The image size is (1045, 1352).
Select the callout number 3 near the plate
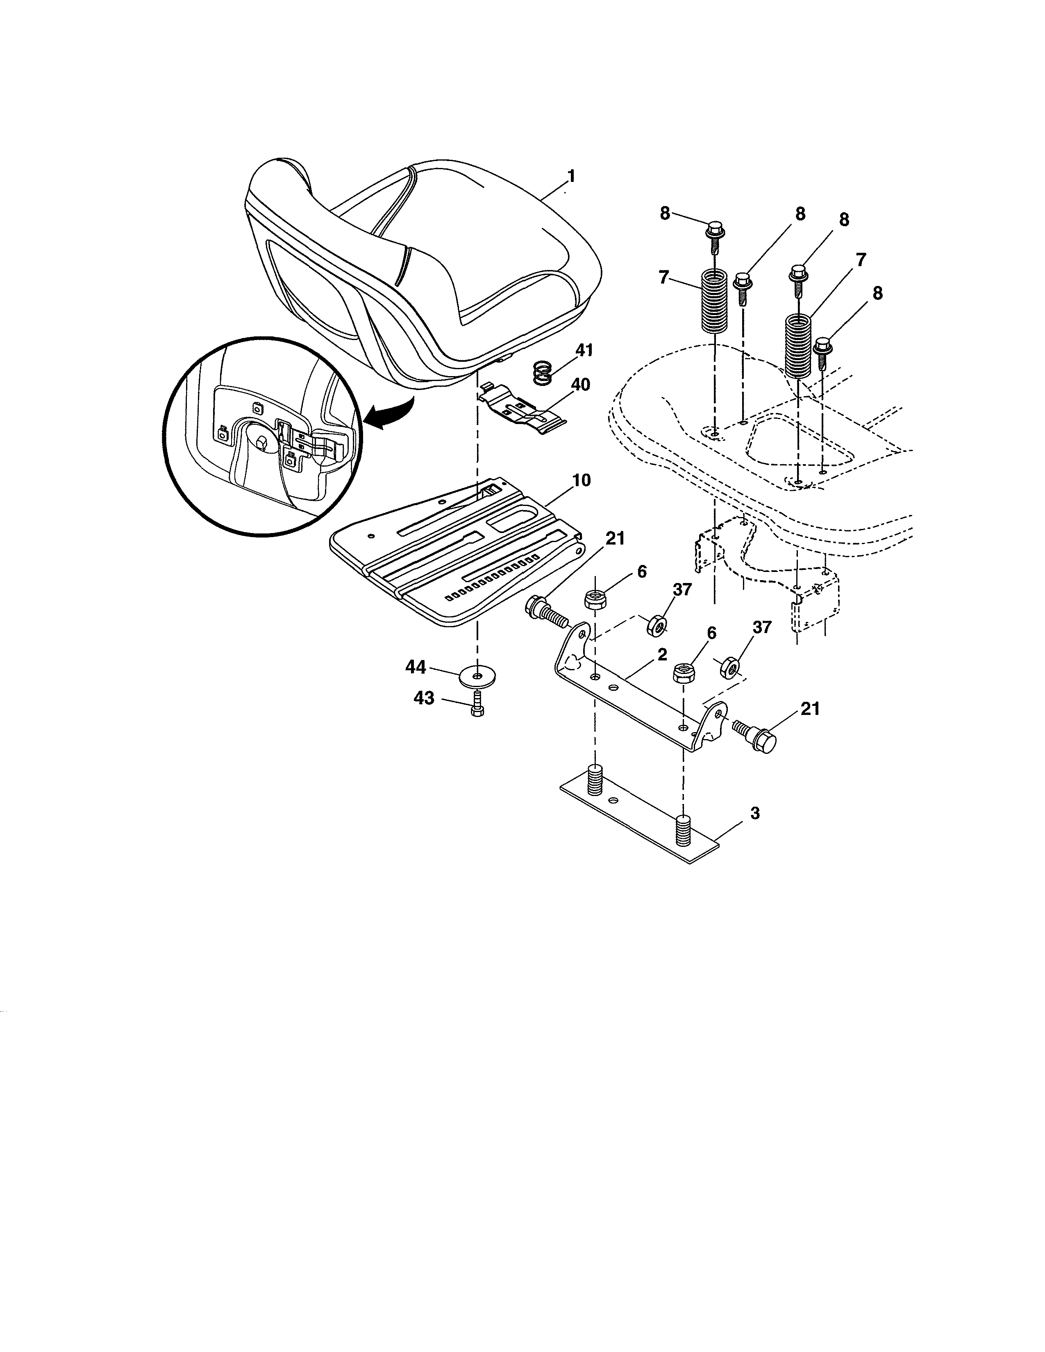click(x=754, y=813)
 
